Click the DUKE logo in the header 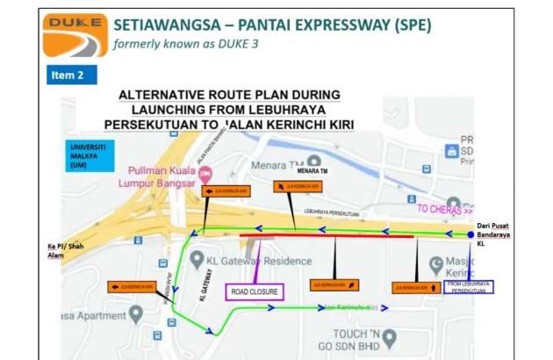(75, 35)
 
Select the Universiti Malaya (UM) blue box (89, 155)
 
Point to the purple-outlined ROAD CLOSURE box (255, 291)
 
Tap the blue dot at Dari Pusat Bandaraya (470, 234)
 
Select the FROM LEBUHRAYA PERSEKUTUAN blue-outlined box (469, 286)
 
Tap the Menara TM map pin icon (313, 161)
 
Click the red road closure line (326, 236)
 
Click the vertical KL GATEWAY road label (202, 284)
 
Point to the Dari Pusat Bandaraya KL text (505, 234)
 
